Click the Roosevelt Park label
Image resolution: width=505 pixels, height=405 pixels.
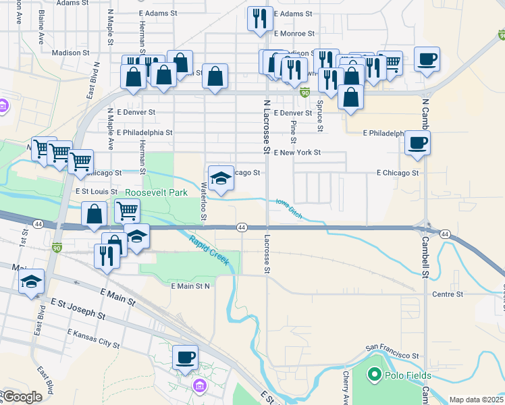156,192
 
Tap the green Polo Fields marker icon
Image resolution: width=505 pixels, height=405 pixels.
373,373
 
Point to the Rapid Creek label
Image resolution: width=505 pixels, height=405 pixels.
209,250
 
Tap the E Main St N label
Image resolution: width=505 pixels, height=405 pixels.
191,286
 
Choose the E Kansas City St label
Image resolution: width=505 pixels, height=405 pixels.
94,338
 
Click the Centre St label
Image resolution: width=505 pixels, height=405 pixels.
448,294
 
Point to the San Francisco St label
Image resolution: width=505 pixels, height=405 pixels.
392,354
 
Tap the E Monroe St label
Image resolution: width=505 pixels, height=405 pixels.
294,33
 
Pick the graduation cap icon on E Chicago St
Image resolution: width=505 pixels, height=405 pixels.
221,178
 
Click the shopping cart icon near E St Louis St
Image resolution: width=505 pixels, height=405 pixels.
127,211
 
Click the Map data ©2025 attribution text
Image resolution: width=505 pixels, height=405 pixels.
476,400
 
